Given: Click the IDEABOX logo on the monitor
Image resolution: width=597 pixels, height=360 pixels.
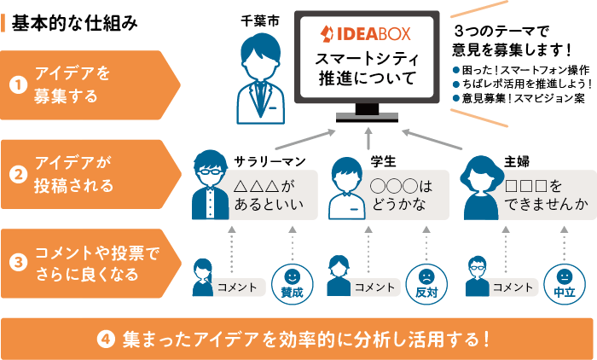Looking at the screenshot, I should (366, 34).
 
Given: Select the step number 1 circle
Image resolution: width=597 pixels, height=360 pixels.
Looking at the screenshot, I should (16, 85).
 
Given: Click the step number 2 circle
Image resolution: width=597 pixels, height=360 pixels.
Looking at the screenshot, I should (16, 174).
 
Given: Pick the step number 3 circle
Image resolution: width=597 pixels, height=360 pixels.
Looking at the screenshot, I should (16, 263).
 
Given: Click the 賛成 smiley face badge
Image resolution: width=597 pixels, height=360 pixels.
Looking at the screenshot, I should (292, 282).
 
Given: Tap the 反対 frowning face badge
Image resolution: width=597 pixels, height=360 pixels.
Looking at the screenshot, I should (426, 282).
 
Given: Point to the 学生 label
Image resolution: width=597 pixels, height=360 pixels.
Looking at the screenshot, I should (383, 160).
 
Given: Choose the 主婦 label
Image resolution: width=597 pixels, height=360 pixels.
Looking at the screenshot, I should (516, 160).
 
